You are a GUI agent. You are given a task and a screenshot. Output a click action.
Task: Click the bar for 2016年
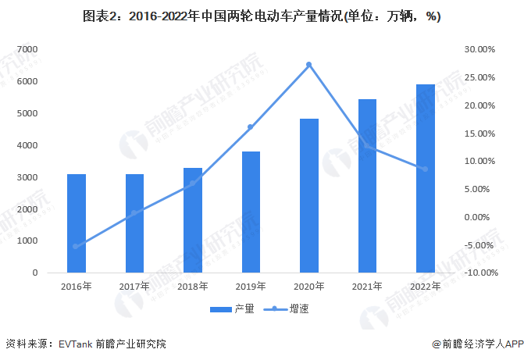click(x=77, y=223)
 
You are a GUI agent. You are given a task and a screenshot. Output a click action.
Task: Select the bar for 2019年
click(x=251, y=212)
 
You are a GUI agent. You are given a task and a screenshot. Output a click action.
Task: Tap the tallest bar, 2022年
click(x=425, y=179)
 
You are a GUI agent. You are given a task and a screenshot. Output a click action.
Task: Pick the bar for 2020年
click(x=308, y=196)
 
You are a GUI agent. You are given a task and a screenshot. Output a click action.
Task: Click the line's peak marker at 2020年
click(x=309, y=65)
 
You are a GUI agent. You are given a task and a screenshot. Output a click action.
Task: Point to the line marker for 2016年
click(x=77, y=246)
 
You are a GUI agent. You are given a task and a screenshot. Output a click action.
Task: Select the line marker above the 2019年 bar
click(x=251, y=127)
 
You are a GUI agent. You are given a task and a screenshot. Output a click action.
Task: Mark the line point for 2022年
click(x=425, y=169)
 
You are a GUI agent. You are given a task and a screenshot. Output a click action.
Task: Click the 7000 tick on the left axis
click(x=27, y=49)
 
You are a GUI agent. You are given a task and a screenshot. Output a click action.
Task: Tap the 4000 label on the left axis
click(x=27, y=145)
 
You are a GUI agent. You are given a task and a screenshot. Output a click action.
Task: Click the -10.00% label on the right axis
click(x=479, y=273)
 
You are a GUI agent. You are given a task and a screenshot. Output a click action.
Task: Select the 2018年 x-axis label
click(x=193, y=287)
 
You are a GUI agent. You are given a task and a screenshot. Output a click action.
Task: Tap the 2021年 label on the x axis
click(x=367, y=287)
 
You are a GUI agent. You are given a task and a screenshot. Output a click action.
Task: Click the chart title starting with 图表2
click(x=262, y=17)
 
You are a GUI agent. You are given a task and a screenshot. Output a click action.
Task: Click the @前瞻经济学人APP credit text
click(x=473, y=344)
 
